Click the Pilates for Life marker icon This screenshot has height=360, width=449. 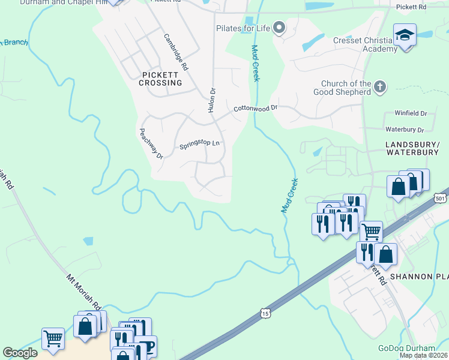tap(279, 28)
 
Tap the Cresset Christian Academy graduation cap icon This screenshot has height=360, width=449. tap(405, 34)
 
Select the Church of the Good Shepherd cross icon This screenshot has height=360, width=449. tap(379, 88)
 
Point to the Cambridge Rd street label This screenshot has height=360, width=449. tap(176, 52)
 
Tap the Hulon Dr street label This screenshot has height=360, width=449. tap(212, 98)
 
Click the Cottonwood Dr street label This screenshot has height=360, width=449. tap(256, 109)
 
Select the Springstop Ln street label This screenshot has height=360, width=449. tap(200, 145)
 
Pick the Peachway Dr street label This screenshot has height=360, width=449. tap(151, 143)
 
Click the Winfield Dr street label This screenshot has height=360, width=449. tap(411, 113)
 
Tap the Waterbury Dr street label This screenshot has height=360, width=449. tap(405, 129)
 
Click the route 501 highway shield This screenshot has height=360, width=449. tap(441, 198)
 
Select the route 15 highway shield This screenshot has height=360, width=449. tap(265, 313)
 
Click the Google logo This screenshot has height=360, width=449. tap(20, 353)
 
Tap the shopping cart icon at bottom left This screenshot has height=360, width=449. tap(53, 338)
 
